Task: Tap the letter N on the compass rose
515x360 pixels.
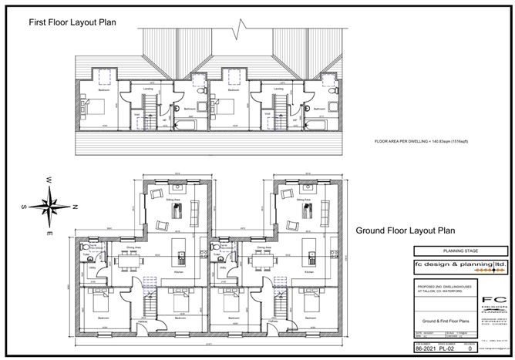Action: (x=76, y=206)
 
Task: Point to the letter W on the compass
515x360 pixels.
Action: (x=48, y=180)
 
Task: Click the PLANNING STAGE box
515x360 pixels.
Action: (x=461, y=251)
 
